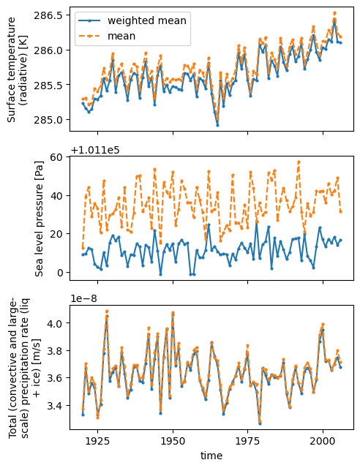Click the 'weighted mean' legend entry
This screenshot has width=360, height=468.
(x=132, y=20)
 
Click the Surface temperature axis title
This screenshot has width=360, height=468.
(x=16, y=69)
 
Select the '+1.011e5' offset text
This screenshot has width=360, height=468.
(x=95, y=150)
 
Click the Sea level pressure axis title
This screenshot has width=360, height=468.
(x=40, y=219)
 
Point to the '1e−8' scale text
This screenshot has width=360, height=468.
(x=83, y=299)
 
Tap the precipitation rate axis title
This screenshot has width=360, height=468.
(x=23, y=368)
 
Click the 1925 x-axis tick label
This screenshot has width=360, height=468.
(x=98, y=441)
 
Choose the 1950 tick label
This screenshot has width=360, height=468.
(x=173, y=441)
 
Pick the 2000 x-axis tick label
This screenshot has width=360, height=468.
(x=323, y=441)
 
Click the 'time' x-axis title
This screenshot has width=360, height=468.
(x=211, y=456)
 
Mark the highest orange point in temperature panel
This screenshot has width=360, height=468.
(x=334, y=13)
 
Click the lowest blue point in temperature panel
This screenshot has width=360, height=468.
(x=217, y=125)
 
